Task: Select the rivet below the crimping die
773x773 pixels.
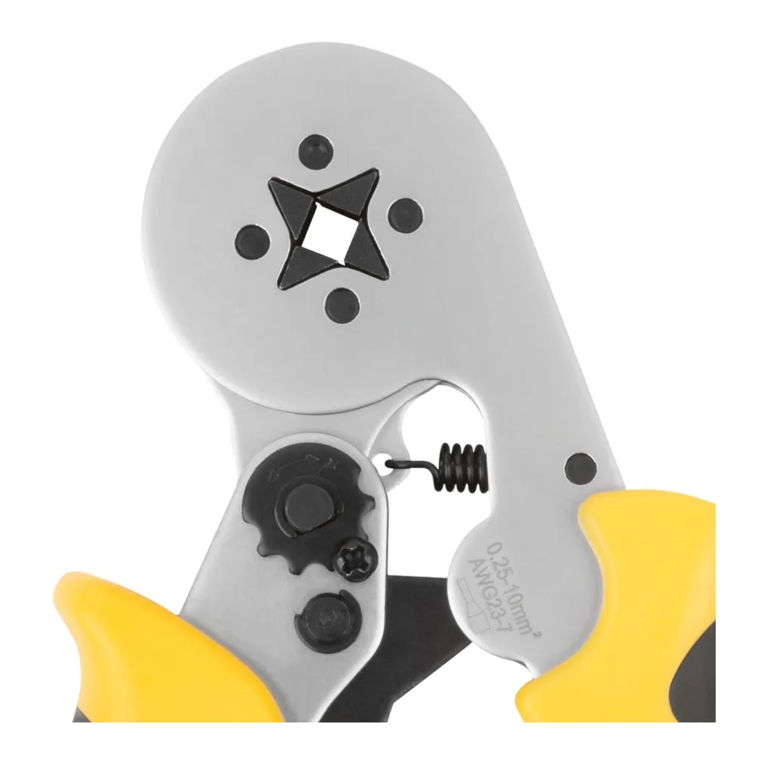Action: (342, 303)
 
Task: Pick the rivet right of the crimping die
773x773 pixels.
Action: (405, 215)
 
